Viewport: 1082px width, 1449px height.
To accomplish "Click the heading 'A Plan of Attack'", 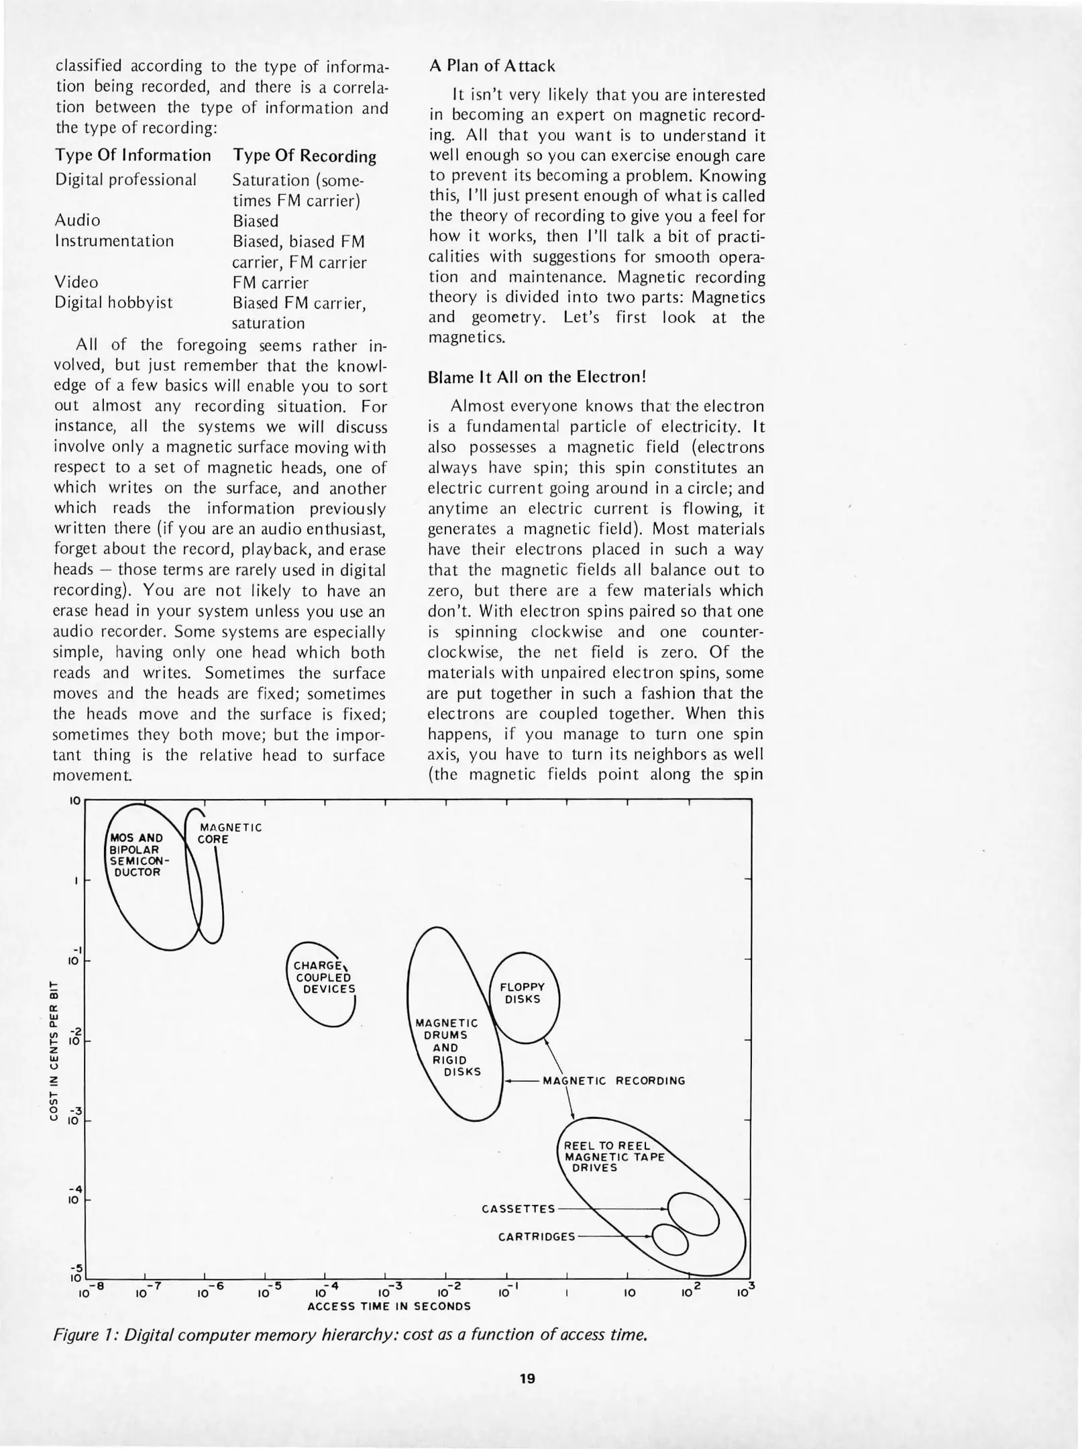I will pos(492,66).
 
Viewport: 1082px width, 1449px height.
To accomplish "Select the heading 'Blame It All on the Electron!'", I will pos(537,377).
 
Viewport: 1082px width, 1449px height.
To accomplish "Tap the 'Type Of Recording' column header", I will pos(304,156).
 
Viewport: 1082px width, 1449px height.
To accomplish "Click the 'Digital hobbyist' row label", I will pos(113,303).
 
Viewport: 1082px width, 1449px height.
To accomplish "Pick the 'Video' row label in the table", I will pos(76,282).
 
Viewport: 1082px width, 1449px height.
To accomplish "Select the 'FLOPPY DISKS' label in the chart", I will pos(523,993).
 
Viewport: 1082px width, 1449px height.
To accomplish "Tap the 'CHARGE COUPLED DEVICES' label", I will pos(324,977).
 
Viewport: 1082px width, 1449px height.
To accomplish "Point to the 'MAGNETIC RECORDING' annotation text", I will pos(614,1081).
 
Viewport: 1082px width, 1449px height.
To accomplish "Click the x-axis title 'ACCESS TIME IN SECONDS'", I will pos(388,1306).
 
